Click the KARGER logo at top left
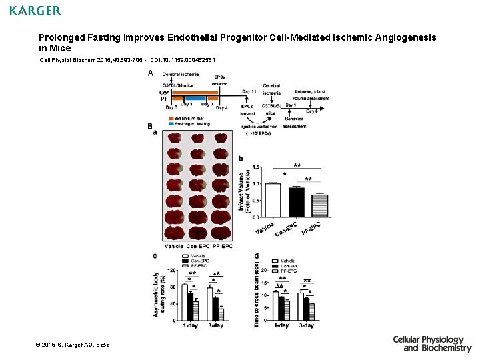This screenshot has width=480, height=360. pos(35,11)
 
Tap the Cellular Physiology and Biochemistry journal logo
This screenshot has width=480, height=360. pos(432,343)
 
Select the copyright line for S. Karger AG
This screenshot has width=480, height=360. pos(74,344)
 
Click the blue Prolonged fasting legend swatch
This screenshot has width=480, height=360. pos(171,124)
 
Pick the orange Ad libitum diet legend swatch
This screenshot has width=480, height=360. pos(171,119)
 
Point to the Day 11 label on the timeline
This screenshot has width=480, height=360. pos(249,91)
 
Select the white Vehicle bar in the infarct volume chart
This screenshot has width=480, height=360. pos(273,200)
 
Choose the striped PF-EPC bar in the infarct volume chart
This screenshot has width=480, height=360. pos(319,206)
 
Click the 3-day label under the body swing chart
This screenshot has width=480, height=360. pos(215,325)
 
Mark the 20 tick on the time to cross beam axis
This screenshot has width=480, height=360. pos(265,270)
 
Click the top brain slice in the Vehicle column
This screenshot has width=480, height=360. pos(174,138)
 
